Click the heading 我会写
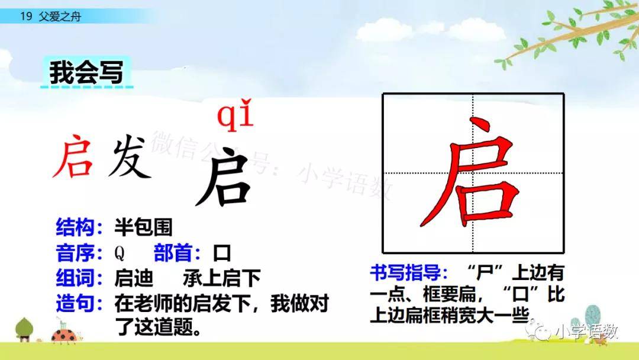(86, 73)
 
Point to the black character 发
(130, 157)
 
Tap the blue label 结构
(76, 227)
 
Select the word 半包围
(143, 227)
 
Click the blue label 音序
(76, 253)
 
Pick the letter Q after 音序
(120, 253)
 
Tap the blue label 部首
(173, 253)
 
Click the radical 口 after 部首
(222, 253)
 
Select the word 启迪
(134, 278)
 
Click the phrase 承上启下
(222, 278)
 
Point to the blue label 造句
(76, 303)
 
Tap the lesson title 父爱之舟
(60, 17)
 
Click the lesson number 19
(26, 17)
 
